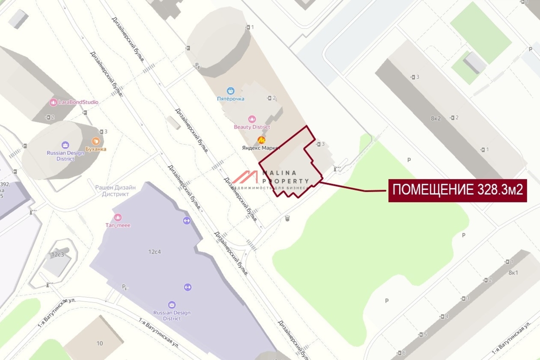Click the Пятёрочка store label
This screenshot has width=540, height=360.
(231, 99)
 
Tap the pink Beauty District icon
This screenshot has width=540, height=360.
(252, 119)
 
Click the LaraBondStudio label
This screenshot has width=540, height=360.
(78, 102)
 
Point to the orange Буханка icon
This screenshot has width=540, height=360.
(95, 141)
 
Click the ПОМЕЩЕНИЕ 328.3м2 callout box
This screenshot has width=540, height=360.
(457, 190)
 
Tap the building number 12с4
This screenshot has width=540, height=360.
(154, 252)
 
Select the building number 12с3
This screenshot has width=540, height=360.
(58, 255)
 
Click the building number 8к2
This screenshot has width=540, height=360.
(435, 119)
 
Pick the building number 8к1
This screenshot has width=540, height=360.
(513, 273)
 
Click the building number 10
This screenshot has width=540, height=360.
(99, 343)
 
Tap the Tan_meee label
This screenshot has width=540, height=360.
(118, 225)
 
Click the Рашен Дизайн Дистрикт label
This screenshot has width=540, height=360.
(112, 190)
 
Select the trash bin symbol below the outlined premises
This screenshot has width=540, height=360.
(287, 218)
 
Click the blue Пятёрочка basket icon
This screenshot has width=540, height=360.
(231, 90)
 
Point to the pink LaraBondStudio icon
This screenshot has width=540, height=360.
(53, 102)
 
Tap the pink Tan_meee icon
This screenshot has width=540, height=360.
(118, 217)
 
